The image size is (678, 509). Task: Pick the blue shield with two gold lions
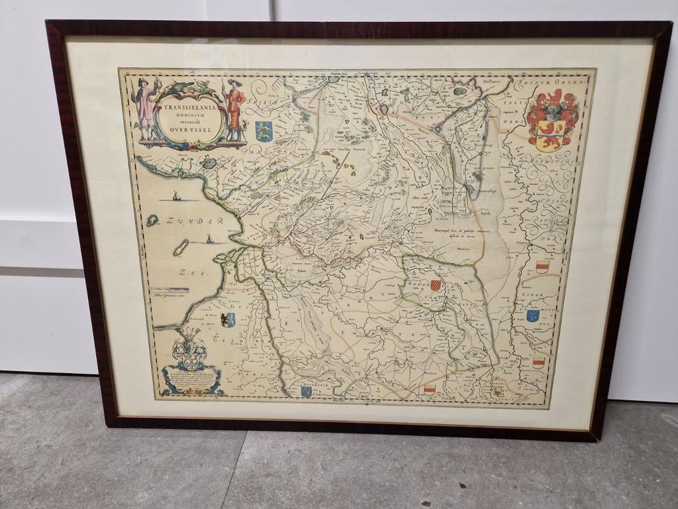tap(264, 131)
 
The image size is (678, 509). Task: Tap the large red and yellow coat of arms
tap(552, 121)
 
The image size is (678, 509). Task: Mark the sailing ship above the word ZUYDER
tap(175, 196)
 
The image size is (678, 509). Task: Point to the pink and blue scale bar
tap(170, 290)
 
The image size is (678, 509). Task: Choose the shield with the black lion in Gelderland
tap(228, 319)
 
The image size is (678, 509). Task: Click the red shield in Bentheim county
tap(435, 284)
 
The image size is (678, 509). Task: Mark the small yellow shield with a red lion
tap(496, 392)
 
